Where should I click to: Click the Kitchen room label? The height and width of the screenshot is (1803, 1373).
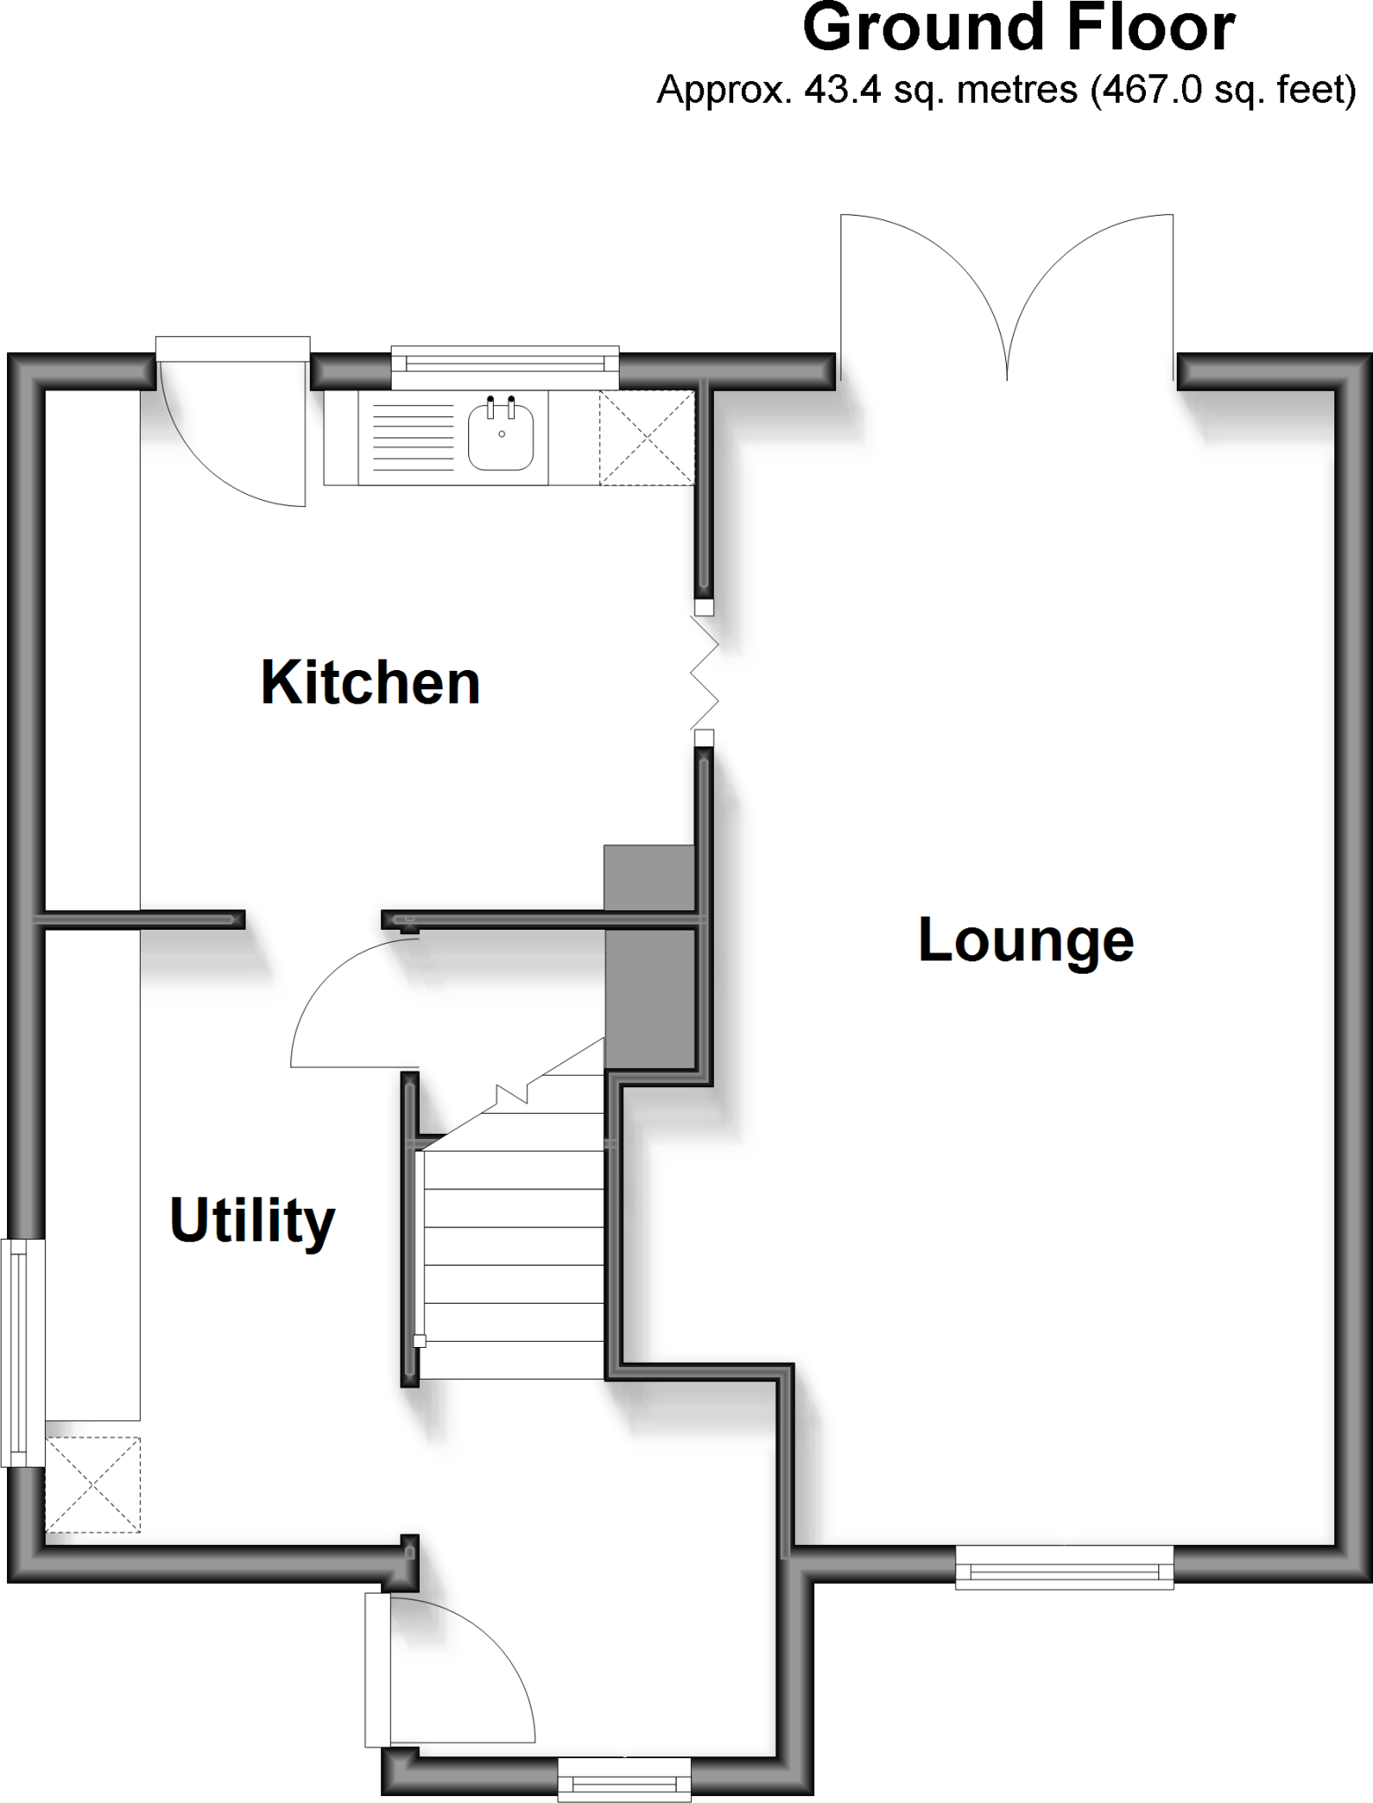point(371,683)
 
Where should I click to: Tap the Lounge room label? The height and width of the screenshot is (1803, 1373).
point(1025,941)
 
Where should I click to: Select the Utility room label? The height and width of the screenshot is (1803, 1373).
point(253,1221)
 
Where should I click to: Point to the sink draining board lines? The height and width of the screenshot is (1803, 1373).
point(413,437)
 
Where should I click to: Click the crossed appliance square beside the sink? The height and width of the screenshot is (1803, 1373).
point(646,438)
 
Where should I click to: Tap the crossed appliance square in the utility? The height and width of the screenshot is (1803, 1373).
point(92,1484)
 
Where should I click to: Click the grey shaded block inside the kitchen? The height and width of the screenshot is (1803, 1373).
point(649,878)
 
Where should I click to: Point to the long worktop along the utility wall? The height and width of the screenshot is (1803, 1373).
point(92,1171)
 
